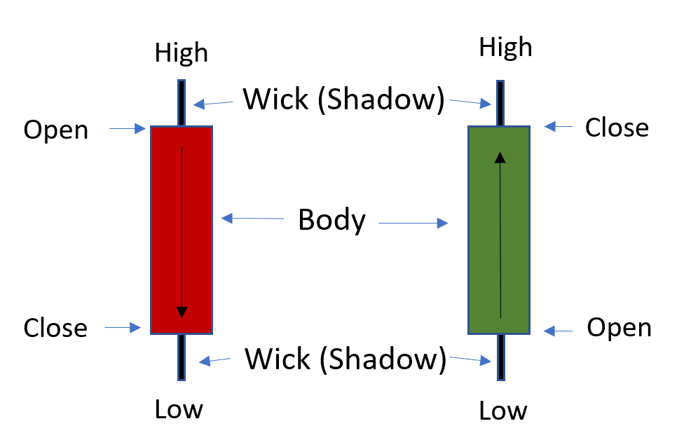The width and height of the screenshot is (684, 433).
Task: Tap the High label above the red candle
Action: (182, 53)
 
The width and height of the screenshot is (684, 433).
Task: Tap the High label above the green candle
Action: (505, 48)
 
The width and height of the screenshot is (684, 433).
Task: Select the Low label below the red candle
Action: (180, 408)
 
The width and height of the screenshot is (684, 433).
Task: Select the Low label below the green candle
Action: (503, 411)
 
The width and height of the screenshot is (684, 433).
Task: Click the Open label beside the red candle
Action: (56, 130)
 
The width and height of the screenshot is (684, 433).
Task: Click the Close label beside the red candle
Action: (55, 328)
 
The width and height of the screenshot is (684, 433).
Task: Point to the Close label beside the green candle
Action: (617, 128)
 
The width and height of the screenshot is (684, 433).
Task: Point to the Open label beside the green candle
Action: (619, 327)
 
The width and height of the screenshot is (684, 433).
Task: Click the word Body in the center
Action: (331, 220)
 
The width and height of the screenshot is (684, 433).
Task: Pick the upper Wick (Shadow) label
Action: (343, 99)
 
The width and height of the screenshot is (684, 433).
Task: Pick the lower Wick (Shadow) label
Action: (345, 359)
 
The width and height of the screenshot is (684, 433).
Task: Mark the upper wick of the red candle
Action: (182, 103)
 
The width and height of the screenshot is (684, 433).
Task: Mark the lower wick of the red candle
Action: (182, 357)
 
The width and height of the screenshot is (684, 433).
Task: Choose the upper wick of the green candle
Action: (500, 103)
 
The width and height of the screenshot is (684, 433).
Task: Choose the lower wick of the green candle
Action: (500, 357)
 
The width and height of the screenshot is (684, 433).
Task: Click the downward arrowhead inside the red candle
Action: (182, 311)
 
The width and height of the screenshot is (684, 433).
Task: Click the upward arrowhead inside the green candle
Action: (500, 157)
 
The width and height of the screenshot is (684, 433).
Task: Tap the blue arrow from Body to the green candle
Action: (413, 224)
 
